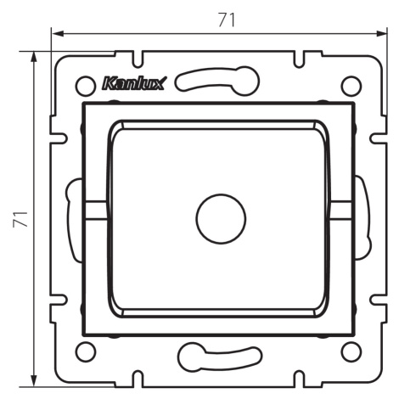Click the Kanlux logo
[134, 83]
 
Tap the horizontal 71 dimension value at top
[227, 20]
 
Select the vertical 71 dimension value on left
[20, 219]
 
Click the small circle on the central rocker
[221, 219]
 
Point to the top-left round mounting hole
[85, 86]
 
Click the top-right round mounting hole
[351, 86]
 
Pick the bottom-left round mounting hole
[85, 351]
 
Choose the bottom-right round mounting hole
[351, 351]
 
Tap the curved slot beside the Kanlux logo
[217, 81]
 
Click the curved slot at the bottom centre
[220, 357]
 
